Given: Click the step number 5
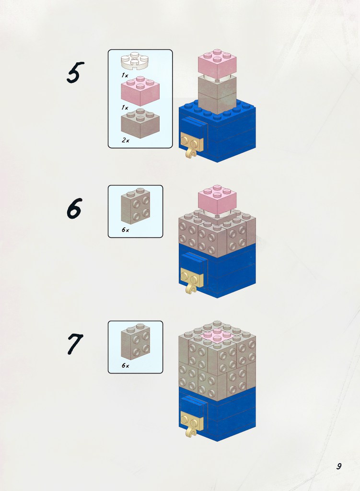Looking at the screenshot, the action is pos(75,72).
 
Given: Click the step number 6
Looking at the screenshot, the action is pos(74,208).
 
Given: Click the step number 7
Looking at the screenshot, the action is pos(74,344).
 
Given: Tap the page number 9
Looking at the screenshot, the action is pos(339,466).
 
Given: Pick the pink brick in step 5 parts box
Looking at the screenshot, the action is pos(140,91).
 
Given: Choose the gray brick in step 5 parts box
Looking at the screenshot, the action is pos(140,123).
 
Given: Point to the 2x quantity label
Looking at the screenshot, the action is pos(125,140).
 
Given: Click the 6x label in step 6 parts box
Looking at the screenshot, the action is pos(125,230).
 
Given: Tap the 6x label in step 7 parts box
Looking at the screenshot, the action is pos(125,365).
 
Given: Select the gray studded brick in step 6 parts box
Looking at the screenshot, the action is pos(136,206).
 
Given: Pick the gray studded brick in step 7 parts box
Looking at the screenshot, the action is pos(136,342).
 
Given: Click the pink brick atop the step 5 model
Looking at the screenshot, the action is pos(217,63).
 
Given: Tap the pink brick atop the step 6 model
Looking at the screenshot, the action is pos(217,199).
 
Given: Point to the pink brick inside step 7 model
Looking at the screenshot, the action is pos(217,336).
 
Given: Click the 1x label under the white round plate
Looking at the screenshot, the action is pos(125,75).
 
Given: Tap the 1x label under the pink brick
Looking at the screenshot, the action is pos(125,108).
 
